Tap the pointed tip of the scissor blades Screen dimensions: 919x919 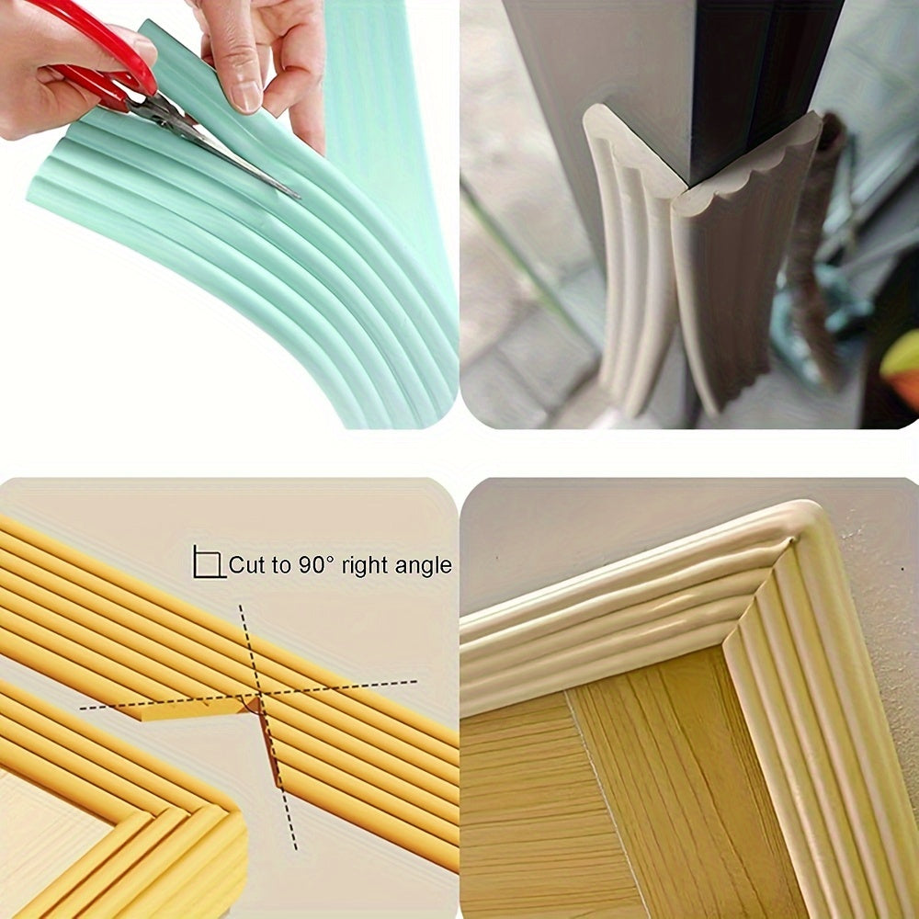pos(300,199)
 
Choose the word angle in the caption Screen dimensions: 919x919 pos(423,566)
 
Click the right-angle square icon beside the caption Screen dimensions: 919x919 pos(209,562)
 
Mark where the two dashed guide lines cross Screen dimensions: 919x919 pos(256,694)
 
